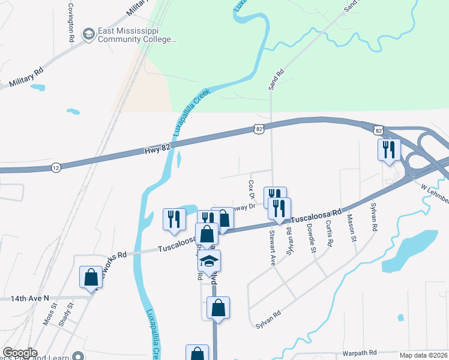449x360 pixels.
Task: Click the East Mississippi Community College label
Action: (x=137, y=35)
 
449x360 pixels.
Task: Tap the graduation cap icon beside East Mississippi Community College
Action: (x=89, y=34)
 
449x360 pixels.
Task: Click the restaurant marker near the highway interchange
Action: (x=388, y=149)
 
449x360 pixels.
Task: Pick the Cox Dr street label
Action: (x=252, y=188)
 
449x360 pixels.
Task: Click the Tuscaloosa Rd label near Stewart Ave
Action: (x=317, y=215)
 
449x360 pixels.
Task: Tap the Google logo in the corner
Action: (x=20, y=353)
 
